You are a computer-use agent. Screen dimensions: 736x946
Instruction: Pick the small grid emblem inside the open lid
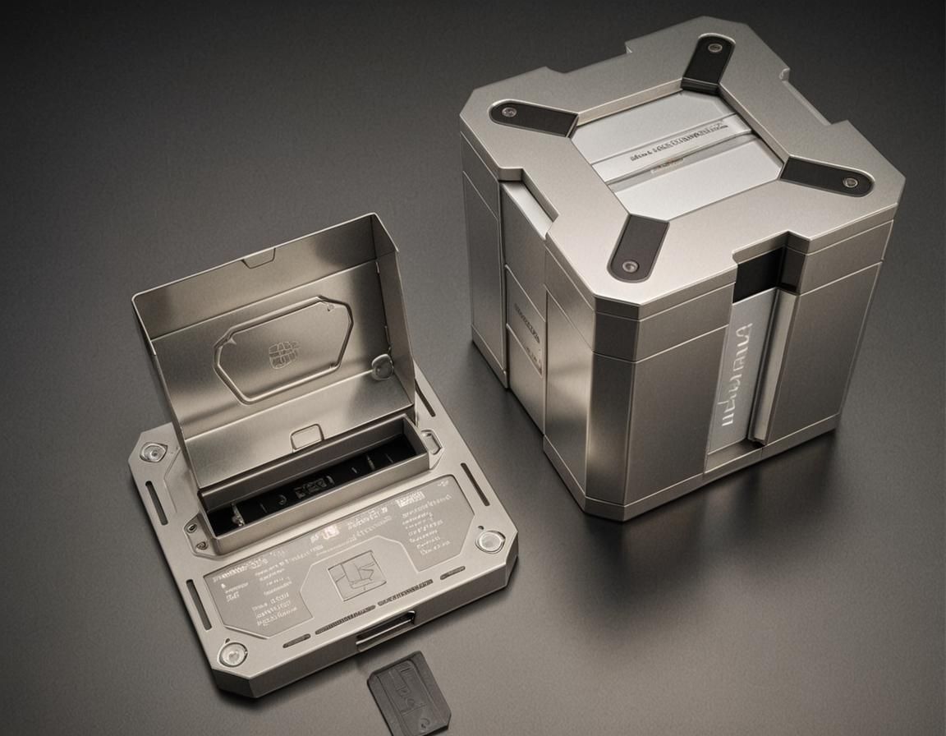(x=281, y=355)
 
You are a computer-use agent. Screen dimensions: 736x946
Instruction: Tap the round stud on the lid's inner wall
(x=382, y=367)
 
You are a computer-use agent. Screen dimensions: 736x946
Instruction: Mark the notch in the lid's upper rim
(x=259, y=260)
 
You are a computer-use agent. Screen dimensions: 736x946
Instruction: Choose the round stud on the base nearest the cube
(x=490, y=540)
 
